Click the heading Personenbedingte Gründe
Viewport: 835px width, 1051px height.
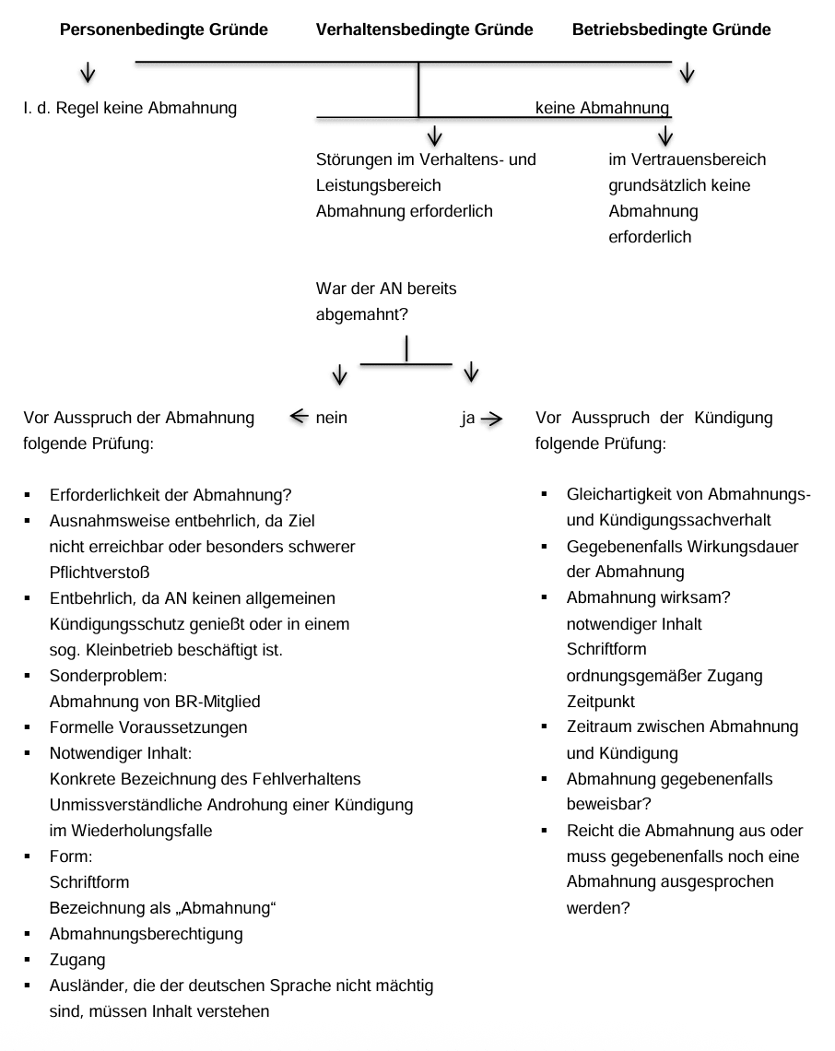pos(163,30)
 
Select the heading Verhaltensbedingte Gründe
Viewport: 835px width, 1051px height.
pos(424,30)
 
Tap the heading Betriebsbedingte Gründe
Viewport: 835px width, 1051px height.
pos(671,30)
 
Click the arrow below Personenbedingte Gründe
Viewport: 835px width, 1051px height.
pos(88,72)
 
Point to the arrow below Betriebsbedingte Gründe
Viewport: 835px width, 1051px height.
pos(687,73)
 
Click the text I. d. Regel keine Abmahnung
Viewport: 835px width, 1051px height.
pos(130,108)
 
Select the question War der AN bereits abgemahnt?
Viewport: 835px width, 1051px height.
pos(386,301)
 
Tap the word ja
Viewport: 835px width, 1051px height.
pos(467,418)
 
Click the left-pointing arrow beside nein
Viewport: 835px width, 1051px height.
pos(299,417)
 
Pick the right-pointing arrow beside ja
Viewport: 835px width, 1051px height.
pos(492,419)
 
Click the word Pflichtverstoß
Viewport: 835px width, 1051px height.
pos(99,572)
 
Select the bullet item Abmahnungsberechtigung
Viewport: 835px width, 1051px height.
pos(146,933)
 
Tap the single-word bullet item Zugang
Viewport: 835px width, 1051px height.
pos(77,960)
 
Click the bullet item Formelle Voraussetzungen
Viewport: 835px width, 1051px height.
pos(147,727)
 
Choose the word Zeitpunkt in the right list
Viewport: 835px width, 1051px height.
pos(600,701)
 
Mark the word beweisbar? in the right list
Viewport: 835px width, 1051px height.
pos(604,805)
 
